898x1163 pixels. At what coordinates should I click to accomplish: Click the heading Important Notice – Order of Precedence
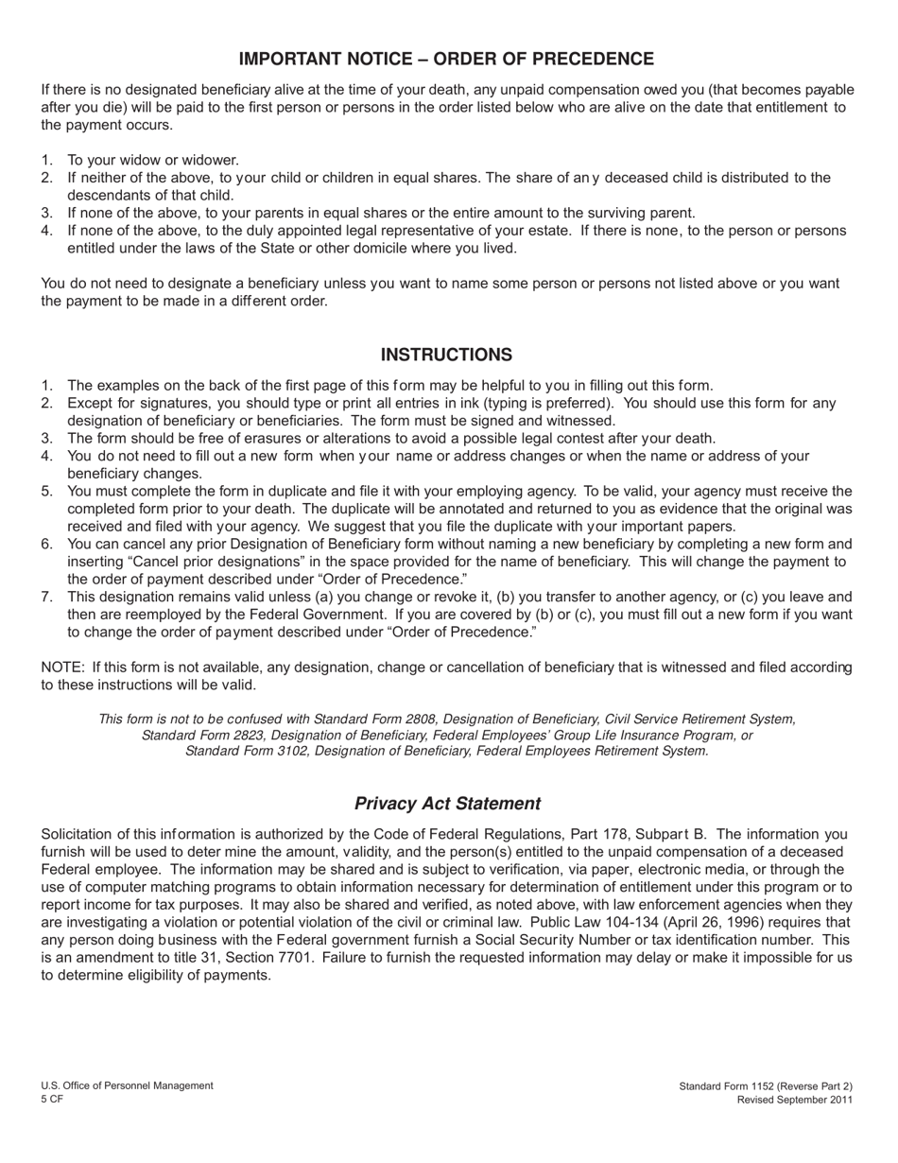pos(446,60)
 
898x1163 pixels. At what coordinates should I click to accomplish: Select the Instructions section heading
pos(446,355)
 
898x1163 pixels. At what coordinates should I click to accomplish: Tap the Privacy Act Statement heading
pos(447,804)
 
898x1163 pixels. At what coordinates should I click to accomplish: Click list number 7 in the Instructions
pos(46,597)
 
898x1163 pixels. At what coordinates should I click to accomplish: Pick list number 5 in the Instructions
pos(46,491)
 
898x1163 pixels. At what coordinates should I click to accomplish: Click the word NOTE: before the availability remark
pos(63,668)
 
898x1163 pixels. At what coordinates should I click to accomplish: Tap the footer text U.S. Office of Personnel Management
pos(127,1085)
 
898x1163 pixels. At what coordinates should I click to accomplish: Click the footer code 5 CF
pos(52,1100)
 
